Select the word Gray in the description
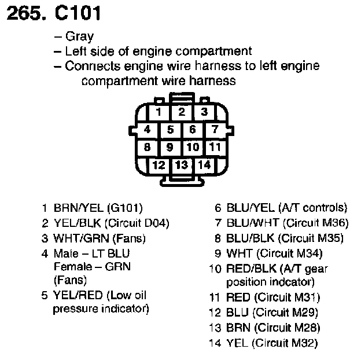(79, 37)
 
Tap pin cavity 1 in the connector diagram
(159, 112)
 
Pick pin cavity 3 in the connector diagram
(203, 112)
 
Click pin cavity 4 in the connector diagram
(148, 130)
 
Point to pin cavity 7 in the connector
(215, 130)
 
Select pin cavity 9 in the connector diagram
(170, 147)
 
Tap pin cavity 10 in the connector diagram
(193, 147)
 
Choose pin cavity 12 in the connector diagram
(158, 164)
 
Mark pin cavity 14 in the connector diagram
(203, 164)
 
